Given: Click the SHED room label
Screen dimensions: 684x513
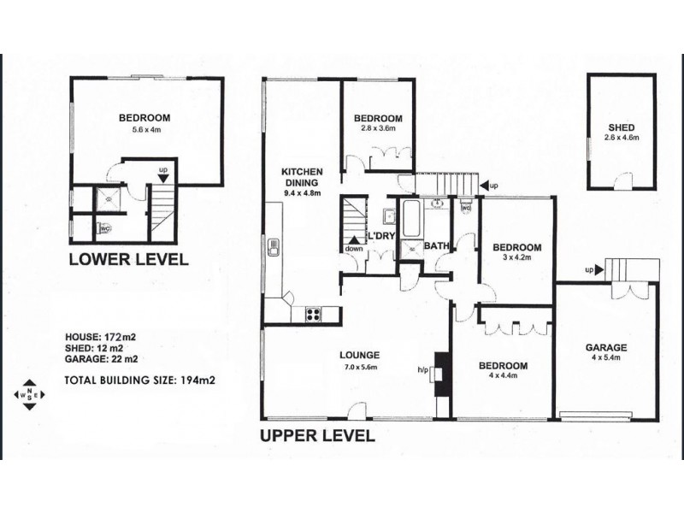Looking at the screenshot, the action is (x=622, y=127).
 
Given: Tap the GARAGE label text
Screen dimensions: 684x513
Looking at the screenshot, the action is (x=606, y=348).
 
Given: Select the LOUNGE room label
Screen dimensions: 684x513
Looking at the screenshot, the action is (x=359, y=356).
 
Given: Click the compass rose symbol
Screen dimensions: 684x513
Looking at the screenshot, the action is (x=29, y=395).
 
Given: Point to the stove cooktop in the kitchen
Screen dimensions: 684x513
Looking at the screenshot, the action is (x=313, y=315).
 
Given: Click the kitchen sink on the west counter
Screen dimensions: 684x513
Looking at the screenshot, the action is (x=274, y=247).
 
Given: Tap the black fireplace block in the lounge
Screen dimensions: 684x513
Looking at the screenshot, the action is (x=442, y=374).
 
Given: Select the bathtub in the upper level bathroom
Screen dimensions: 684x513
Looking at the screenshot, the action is (x=411, y=218).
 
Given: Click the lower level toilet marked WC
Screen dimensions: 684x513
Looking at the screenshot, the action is (x=104, y=227).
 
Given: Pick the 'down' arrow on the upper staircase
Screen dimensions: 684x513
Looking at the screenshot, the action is (x=354, y=240).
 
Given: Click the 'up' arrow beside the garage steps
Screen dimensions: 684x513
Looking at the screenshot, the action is (x=599, y=270).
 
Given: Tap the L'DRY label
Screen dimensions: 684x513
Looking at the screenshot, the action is (x=381, y=236).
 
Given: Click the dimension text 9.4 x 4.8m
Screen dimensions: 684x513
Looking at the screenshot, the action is (x=302, y=193).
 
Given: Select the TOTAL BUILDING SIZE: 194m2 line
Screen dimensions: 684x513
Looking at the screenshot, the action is (x=139, y=380).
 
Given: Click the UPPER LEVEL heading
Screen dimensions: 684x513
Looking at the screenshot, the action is (x=317, y=436).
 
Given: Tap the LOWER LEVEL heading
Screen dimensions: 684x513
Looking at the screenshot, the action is (x=129, y=260).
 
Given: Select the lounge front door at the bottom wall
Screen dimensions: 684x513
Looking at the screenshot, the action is (x=357, y=411).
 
